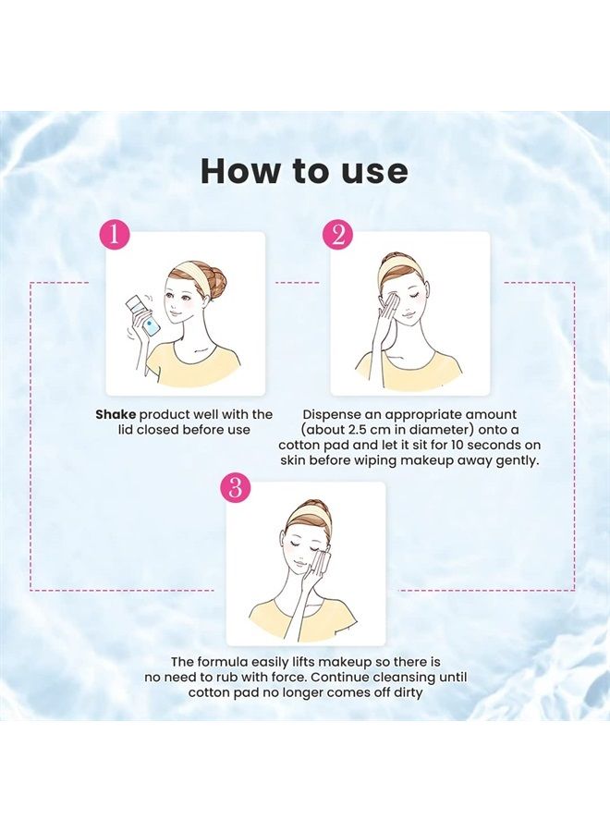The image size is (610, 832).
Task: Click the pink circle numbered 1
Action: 114,235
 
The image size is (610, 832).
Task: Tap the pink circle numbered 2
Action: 337,235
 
